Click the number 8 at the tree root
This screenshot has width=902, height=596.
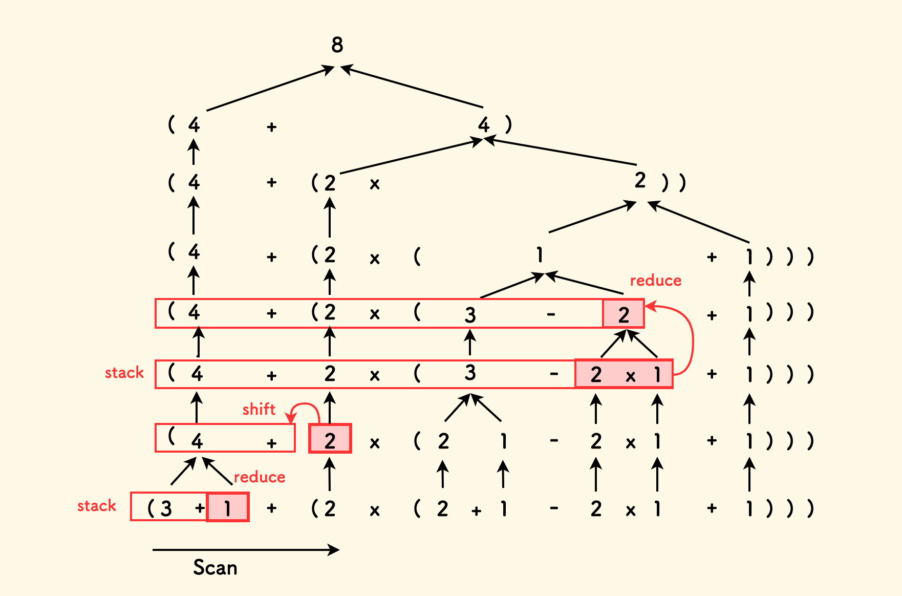pyautogui.click(x=337, y=45)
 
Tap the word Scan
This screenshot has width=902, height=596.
pyautogui.click(x=215, y=567)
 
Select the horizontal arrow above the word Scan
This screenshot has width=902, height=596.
pyautogui.click(x=246, y=550)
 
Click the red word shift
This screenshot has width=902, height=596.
pyautogui.click(x=259, y=409)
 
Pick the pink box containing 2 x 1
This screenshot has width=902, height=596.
pyautogui.click(x=624, y=374)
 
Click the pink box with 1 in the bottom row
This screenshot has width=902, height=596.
pyautogui.click(x=228, y=507)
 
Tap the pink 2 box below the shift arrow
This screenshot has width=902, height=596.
pyautogui.click(x=330, y=439)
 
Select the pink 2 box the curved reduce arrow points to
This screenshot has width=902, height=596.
pyautogui.click(x=623, y=314)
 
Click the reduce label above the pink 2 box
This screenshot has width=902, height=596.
pyautogui.click(x=655, y=281)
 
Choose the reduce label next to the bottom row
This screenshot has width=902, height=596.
pyautogui.click(x=259, y=477)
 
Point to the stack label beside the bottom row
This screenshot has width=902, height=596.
pyautogui.click(x=96, y=506)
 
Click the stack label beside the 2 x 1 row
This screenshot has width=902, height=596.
pyautogui.click(x=124, y=373)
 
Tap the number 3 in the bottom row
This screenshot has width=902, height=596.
pyautogui.click(x=166, y=508)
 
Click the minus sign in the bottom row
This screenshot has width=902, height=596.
pyautogui.click(x=553, y=508)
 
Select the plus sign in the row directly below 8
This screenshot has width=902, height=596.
pyautogui.click(x=271, y=127)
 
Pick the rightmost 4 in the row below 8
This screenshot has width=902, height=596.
pyautogui.click(x=484, y=124)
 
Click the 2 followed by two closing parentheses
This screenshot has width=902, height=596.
pyautogui.click(x=640, y=181)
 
